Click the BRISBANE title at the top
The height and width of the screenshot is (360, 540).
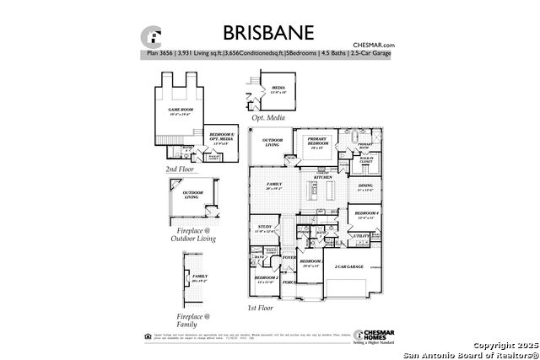(x=268, y=33)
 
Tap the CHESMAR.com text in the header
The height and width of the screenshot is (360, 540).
(x=375, y=45)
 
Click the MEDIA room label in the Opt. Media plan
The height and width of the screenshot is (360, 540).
(x=278, y=89)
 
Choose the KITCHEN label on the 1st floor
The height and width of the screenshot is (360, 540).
(x=323, y=178)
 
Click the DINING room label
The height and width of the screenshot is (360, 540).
(x=364, y=187)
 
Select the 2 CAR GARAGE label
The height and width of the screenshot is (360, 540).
(x=348, y=266)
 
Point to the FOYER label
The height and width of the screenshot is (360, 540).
(x=289, y=257)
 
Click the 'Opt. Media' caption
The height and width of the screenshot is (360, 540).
(x=281, y=119)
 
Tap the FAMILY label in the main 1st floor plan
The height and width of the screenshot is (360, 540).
(x=274, y=185)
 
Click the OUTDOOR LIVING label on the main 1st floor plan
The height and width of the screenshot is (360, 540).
(x=273, y=142)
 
